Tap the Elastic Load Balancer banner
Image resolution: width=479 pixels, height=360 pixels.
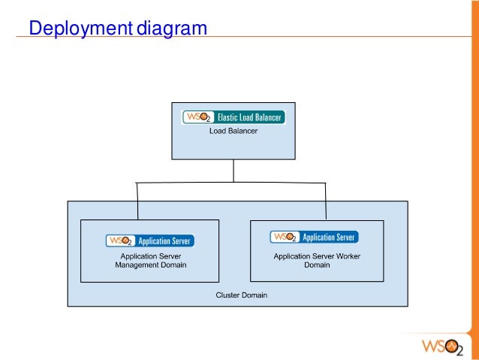[233, 117]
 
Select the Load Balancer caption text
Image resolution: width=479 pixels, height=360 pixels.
[233, 132]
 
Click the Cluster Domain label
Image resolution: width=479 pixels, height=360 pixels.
[241, 295]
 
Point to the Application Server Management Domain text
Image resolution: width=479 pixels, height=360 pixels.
[150, 261]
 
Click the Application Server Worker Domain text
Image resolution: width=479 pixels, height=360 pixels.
[317, 260]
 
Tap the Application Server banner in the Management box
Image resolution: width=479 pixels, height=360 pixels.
[150, 241]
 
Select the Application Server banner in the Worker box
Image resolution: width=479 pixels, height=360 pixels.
[314, 237]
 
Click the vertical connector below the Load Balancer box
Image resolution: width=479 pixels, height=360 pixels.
[233, 171]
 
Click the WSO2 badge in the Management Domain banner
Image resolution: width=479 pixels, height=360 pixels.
[120, 241]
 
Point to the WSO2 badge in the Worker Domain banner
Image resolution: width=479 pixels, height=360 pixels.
[284, 237]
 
